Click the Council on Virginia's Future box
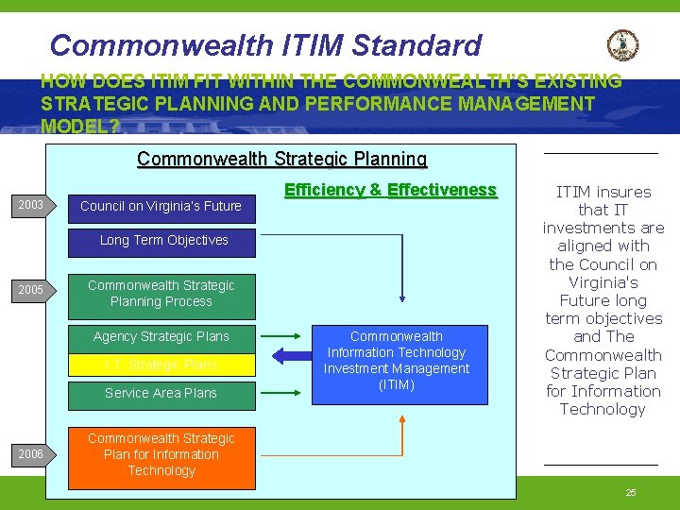click(161, 206)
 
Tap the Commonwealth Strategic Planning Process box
click(161, 293)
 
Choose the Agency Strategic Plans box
click(161, 336)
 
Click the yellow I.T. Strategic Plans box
click(161, 365)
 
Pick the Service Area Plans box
click(161, 393)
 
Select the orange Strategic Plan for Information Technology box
click(161, 454)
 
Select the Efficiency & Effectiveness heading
click(390, 190)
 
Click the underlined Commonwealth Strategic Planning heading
click(281, 159)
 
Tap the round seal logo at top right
click(622, 44)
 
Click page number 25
click(631, 493)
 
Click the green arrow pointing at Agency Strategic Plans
click(279, 336)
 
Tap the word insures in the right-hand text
click(622, 192)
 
